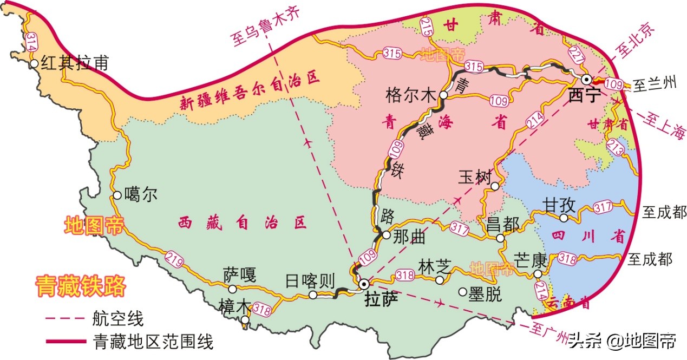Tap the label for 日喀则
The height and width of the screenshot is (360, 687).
click(x=311, y=280)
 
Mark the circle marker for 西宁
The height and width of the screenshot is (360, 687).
click(x=586, y=79)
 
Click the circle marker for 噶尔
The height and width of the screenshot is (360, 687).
click(x=117, y=195)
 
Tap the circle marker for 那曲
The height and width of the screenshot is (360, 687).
click(x=386, y=235)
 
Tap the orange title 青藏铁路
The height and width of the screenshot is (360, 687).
click(x=80, y=286)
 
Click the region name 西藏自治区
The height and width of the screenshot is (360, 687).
click(x=243, y=222)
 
